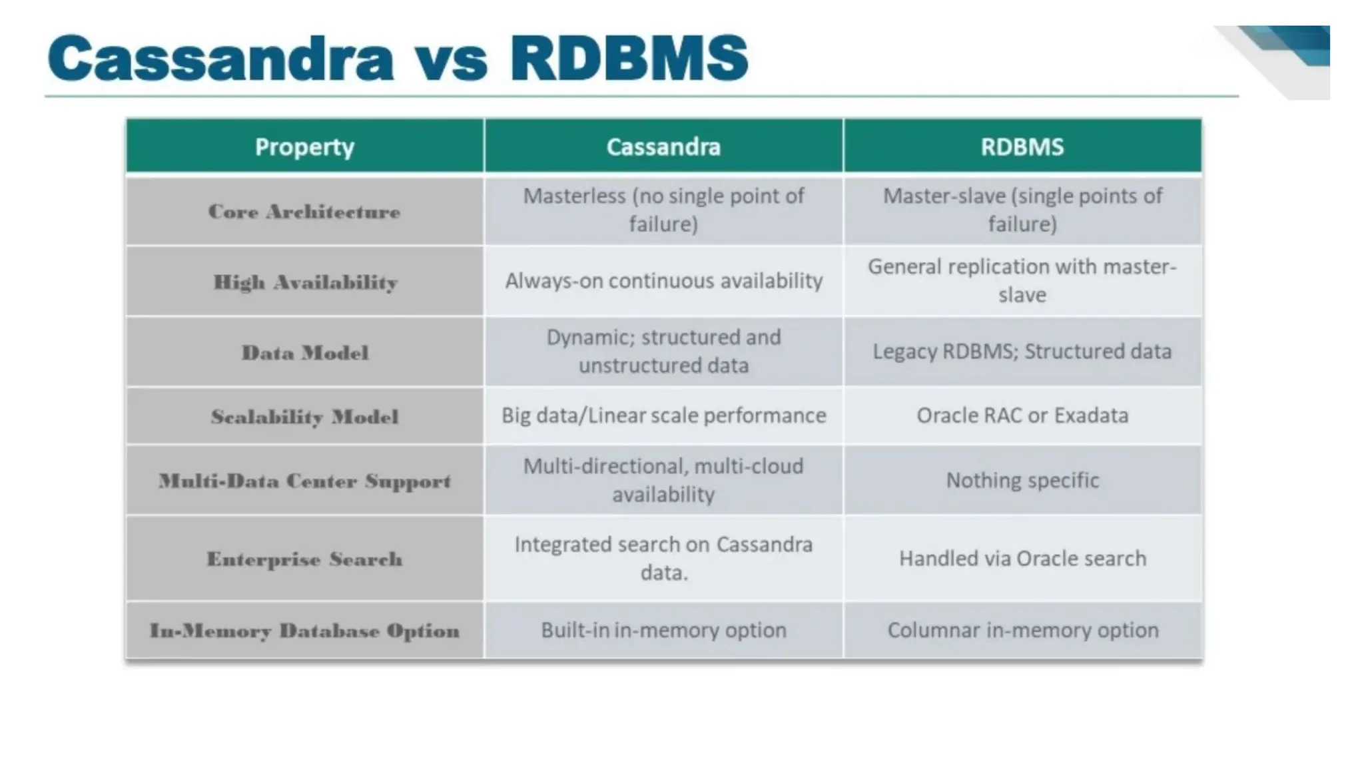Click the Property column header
point(304,146)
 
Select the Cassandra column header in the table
point(663,146)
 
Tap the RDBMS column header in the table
point(1022,146)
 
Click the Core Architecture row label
point(304,212)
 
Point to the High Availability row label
point(305,282)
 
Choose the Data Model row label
point(304,352)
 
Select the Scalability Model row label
point(304,417)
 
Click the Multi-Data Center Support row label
point(304,481)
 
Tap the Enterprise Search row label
point(304,559)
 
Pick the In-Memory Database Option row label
point(304,631)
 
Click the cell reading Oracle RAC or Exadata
point(1022,415)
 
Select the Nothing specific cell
point(1022,480)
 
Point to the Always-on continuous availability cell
point(663,281)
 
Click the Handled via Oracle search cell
point(1022,558)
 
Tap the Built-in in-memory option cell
point(663,630)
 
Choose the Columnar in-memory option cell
point(1022,630)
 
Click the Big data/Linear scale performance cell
point(663,415)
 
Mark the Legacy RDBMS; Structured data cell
point(1022,351)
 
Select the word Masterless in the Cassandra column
point(573,196)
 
